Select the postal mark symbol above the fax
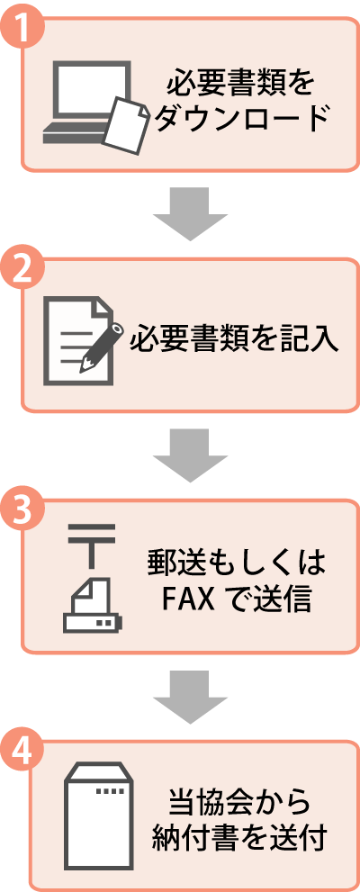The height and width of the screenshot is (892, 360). [91, 545]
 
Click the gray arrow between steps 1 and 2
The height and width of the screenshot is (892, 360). [191, 213]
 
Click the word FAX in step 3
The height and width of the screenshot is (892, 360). [189, 600]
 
